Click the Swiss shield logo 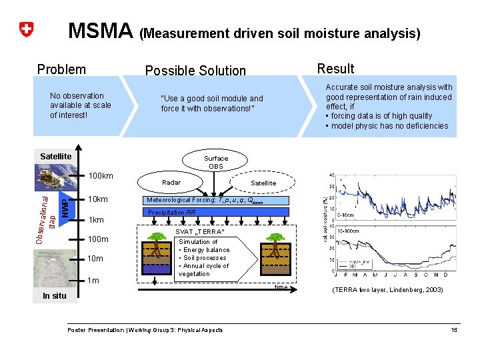(26, 30)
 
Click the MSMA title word (101, 31)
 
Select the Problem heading (61, 69)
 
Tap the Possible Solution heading (195, 71)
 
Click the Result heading (335, 69)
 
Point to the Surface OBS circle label (216, 162)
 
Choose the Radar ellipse (171, 182)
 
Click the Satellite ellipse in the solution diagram (263, 183)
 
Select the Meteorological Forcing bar (215, 200)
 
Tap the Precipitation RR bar (215, 213)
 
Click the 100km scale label (101, 176)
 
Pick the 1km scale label (96, 219)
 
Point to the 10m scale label (96, 258)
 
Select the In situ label (55, 296)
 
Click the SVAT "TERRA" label (204, 231)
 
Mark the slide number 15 (453, 330)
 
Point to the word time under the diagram (281, 287)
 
